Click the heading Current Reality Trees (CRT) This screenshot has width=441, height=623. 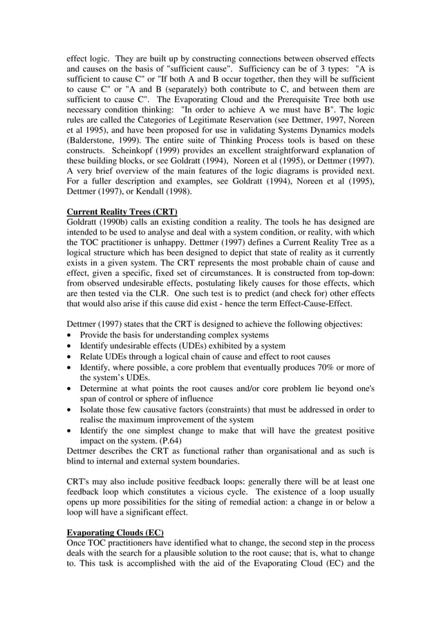click(x=122, y=210)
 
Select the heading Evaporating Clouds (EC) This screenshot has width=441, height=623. click(x=115, y=533)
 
